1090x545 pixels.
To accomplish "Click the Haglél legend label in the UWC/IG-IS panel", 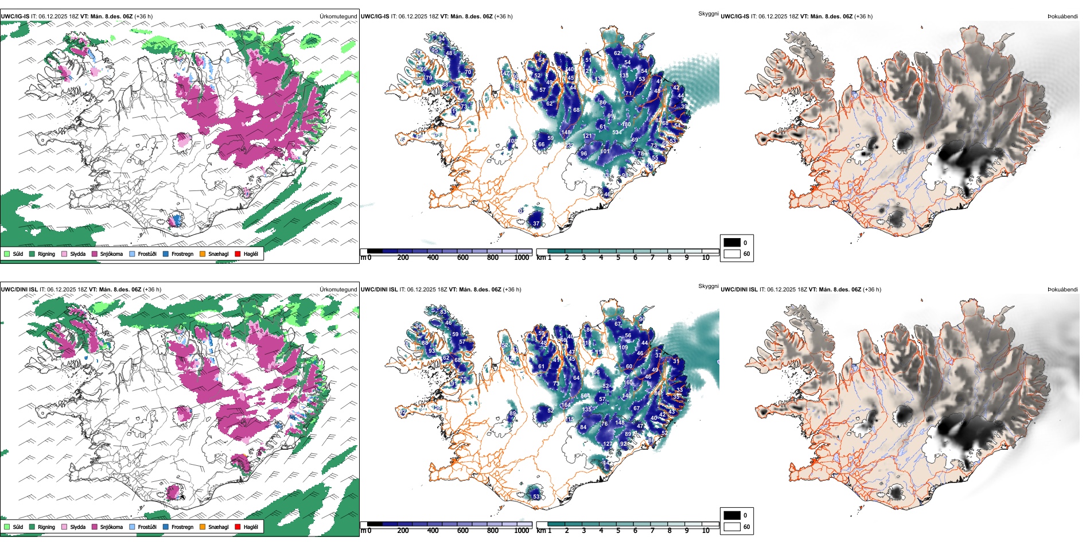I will point(251,254).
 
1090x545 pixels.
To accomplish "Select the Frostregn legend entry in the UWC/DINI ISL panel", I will point(182,527).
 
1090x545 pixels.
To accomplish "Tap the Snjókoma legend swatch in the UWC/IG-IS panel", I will point(95,254).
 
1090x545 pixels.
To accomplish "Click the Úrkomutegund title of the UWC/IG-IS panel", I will point(338,17).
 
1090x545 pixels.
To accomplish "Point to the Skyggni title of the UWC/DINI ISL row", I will point(708,286).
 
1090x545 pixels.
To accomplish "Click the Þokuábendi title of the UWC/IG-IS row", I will point(1062,17).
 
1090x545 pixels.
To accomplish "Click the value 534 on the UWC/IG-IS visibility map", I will point(617,133).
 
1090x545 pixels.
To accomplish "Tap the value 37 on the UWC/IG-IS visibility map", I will point(536,224).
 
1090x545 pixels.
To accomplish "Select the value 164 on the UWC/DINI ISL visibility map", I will point(566,405).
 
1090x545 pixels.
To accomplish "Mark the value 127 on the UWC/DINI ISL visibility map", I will point(608,444).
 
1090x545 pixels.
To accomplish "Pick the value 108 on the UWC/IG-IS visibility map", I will point(512,141).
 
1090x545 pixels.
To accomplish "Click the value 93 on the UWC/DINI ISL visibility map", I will point(431,351).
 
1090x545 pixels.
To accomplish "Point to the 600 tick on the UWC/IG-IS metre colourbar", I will point(462,258).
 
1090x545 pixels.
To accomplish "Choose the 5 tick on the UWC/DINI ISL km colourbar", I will point(618,531).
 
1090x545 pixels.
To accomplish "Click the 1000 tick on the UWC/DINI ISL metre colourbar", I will point(521,531).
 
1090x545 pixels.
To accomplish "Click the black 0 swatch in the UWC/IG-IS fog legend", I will point(732,242).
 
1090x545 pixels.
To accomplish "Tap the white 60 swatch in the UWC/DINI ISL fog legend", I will point(732,526).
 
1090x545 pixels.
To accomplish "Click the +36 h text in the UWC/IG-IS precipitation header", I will point(143,17).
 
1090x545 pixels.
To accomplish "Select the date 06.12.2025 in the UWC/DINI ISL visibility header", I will point(424,290).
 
